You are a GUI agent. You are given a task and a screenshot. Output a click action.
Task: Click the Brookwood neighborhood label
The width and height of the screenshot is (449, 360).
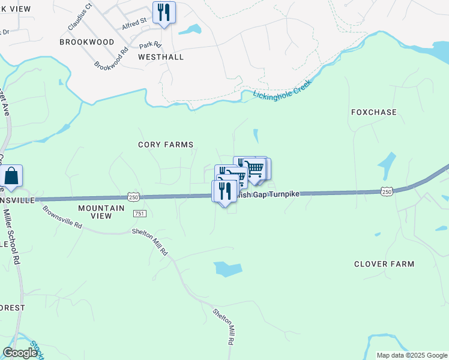[x=87, y=42]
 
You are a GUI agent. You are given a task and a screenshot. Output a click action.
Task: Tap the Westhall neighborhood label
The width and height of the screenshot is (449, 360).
[x=161, y=57]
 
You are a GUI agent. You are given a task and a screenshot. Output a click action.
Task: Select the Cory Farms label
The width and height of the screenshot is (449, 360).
[x=166, y=145]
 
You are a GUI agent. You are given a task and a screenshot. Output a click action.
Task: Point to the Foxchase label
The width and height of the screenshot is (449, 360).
[x=374, y=112]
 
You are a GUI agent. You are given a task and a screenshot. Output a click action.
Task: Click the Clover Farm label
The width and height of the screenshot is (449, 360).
[x=384, y=264]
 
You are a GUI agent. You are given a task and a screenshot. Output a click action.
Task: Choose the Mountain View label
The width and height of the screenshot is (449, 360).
[x=101, y=212]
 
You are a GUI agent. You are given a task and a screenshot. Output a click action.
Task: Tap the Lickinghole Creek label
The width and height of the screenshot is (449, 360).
[x=282, y=89]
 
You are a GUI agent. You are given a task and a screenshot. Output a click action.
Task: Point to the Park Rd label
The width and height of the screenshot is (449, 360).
[x=151, y=45]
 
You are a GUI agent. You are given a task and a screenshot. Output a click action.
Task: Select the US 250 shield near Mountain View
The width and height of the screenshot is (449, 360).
[x=133, y=197]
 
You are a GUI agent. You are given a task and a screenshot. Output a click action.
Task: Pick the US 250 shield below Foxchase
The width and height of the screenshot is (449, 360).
[x=387, y=191]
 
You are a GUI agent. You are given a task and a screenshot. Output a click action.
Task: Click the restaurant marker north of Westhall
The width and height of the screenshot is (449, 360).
[x=164, y=12]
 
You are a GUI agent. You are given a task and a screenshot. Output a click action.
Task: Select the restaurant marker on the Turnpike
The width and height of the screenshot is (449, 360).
[x=224, y=191]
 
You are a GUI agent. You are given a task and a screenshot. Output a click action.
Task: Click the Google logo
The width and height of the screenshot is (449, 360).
[x=20, y=353]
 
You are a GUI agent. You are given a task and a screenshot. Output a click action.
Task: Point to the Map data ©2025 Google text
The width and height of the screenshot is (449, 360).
[x=411, y=355]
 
